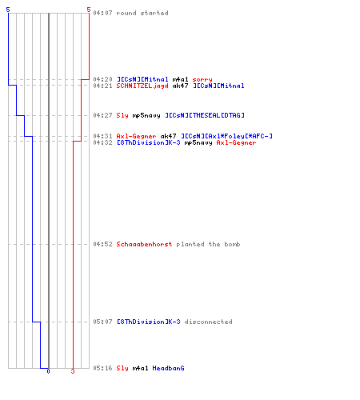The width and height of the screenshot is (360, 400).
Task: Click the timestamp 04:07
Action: point(102,13)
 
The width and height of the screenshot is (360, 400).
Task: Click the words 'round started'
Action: point(142,13)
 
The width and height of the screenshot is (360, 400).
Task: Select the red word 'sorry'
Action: point(202,79)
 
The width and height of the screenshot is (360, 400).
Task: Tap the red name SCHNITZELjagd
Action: point(142,86)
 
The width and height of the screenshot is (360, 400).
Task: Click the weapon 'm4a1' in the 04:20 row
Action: point(180,79)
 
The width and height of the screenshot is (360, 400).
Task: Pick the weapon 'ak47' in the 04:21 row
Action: point(180,86)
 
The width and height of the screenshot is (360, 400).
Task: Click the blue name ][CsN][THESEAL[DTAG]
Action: point(205,115)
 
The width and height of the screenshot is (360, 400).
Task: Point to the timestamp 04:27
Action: point(102,115)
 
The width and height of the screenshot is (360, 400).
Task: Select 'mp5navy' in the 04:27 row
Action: point(146,115)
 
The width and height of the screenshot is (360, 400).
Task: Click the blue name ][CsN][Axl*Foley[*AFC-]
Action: point(226,136)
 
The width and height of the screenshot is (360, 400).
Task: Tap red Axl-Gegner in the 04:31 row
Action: point(136,136)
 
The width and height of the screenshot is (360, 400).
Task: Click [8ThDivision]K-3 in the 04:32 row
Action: point(149,142)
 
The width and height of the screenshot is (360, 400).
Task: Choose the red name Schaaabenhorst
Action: point(144,244)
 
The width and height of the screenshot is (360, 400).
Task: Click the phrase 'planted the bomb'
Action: point(208,244)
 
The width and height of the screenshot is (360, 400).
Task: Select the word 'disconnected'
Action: point(208,322)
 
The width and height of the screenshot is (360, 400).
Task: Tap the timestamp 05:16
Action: point(102,368)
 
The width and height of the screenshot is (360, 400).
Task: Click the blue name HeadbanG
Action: point(168,368)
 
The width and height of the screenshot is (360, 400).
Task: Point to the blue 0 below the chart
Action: point(48,371)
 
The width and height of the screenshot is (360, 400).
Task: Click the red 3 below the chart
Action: point(73,371)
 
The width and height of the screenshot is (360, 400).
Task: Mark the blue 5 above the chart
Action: point(8,10)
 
